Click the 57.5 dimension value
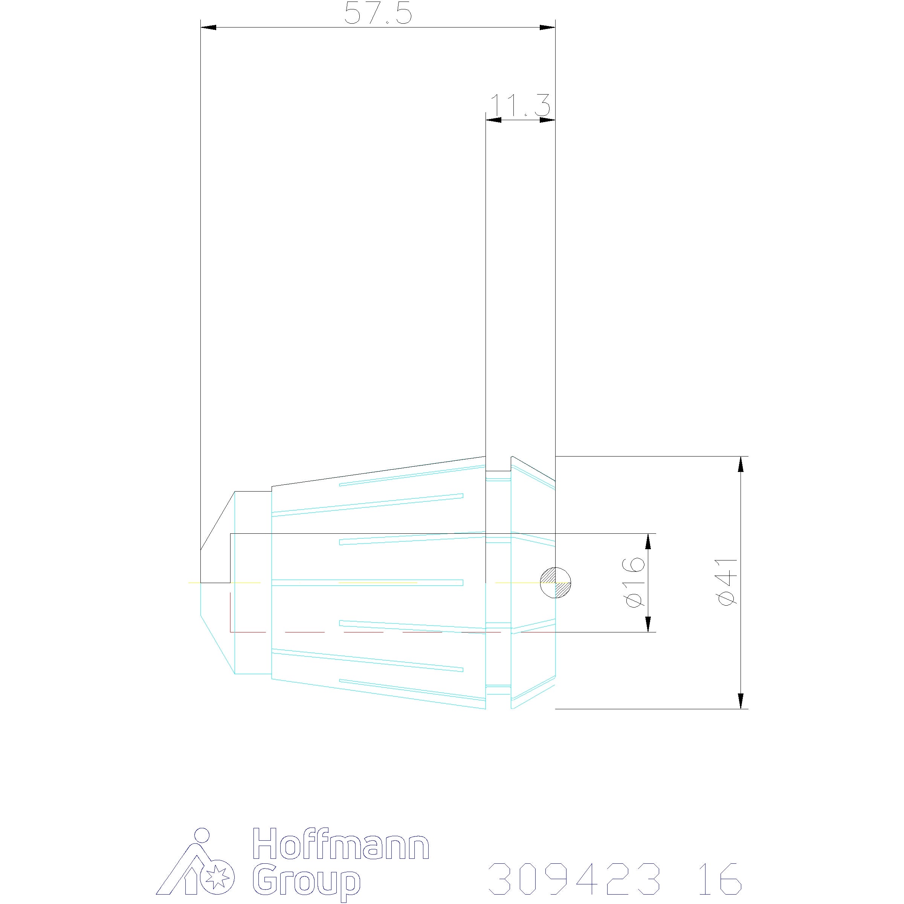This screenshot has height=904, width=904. [378, 14]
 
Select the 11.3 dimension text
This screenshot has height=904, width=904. [520, 105]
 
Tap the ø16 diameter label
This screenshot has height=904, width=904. [634, 583]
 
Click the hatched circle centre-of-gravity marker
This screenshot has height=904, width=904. [556, 583]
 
